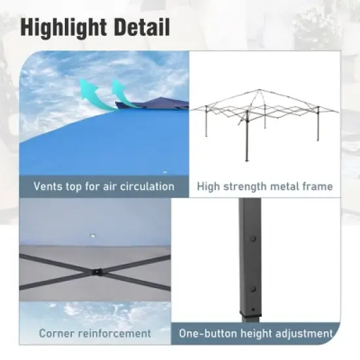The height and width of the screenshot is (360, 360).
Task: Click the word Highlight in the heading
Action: click(63, 28)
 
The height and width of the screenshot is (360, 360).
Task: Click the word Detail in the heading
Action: click(142, 28)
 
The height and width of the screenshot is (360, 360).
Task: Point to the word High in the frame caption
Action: click(210, 187)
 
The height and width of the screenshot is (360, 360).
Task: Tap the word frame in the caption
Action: click(319, 187)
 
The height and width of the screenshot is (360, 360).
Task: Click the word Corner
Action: click(58, 333)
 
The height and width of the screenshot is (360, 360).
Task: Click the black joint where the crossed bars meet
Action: click(97, 270)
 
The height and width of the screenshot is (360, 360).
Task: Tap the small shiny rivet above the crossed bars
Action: click(93, 234)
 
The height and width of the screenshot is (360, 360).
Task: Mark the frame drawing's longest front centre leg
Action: click(247, 141)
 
